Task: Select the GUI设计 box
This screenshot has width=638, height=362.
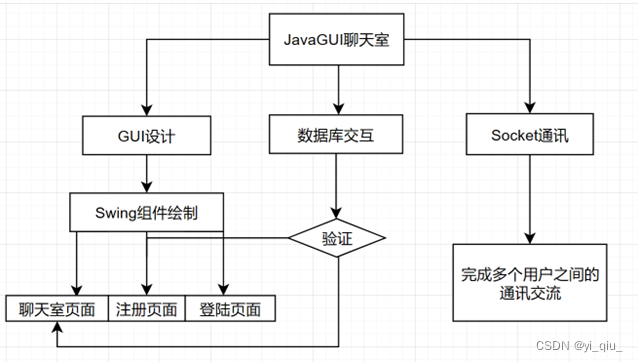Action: point(147,134)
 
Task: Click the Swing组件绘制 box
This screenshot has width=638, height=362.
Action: point(147,212)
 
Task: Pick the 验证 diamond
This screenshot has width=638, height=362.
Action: point(336,238)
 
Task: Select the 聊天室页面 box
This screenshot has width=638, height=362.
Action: point(57,308)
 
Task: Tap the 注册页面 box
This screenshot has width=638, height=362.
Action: point(147,308)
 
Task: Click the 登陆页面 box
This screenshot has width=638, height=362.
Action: point(229,308)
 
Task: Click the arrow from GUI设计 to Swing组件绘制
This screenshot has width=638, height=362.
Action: point(147,174)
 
